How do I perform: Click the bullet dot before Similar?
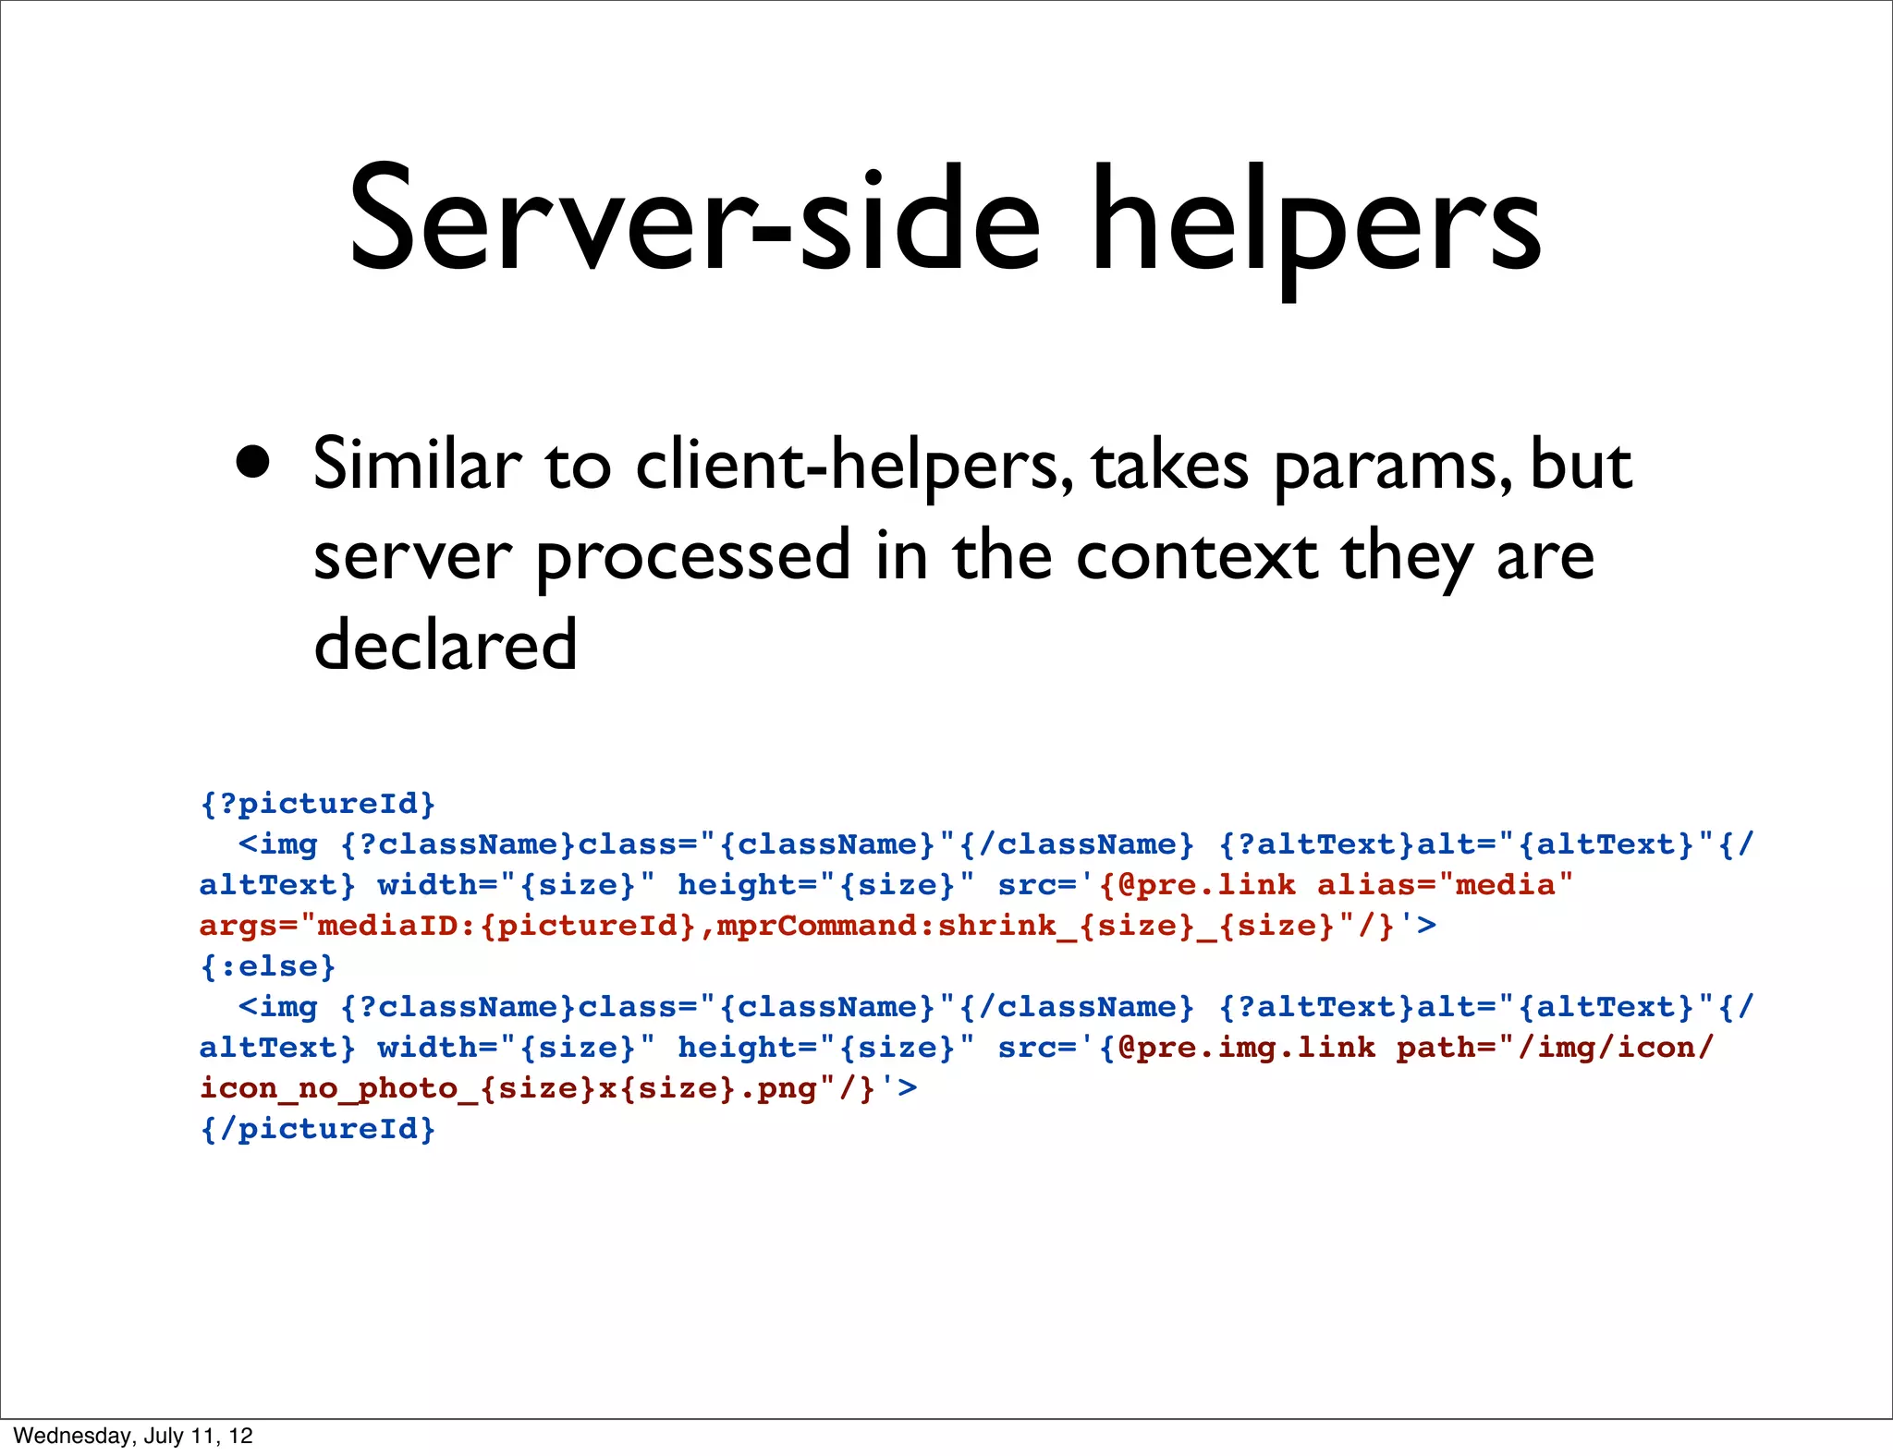tap(253, 461)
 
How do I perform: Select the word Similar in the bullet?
tap(417, 464)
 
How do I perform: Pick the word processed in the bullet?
tap(692, 557)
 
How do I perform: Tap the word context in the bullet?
tap(1196, 555)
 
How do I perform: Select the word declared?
tap(446, 645)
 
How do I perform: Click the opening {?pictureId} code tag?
tap(317, 803)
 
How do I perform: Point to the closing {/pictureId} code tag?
tap(317, 1128)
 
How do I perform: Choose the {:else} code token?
tap(268, 965)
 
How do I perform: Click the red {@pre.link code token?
tap(1197, 884)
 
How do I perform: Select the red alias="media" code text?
tap(1444, 884)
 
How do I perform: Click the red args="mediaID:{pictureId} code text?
tap(447, 925)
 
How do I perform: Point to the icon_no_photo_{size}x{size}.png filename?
tap(509, 1087)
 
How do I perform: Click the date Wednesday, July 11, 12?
tap(133, 1435)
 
